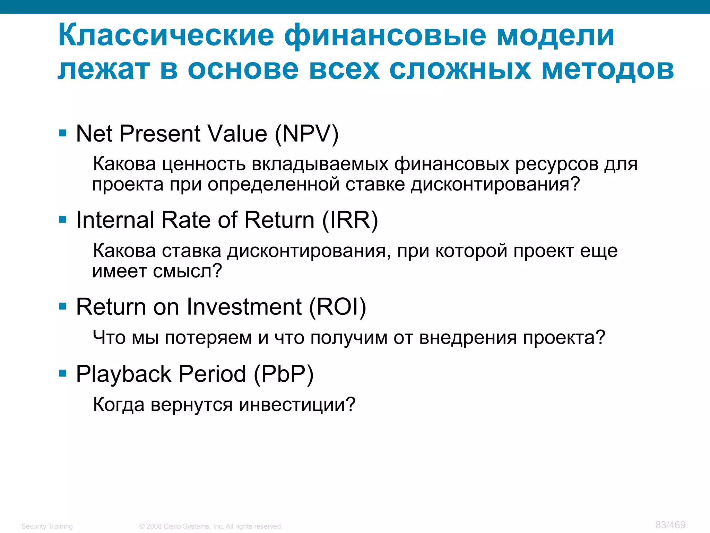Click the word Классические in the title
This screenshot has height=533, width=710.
click(x=166, y=35)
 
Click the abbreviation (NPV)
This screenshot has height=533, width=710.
click(x=306, y=134)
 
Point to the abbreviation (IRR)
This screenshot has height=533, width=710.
click(x=350, y=220)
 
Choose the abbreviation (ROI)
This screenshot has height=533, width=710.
click(x=337, y=307)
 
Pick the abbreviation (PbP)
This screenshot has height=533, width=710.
click(x=284, y=374)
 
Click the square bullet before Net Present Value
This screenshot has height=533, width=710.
click(x=63, y=133)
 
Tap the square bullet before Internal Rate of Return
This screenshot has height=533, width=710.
click(x=63, y=219)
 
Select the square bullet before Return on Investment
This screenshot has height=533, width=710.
click(x=63, y=306)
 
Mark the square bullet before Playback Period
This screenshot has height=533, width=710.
click(x=63, y=373)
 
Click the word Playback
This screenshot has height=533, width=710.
click(x=123, y=374)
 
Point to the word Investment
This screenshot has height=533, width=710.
click(x=244, y=307)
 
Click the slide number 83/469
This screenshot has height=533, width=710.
click(x=670, y=525)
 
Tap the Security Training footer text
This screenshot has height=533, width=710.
click(x=47, y=526)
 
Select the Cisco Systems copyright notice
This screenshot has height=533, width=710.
click(x=211, y=526)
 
